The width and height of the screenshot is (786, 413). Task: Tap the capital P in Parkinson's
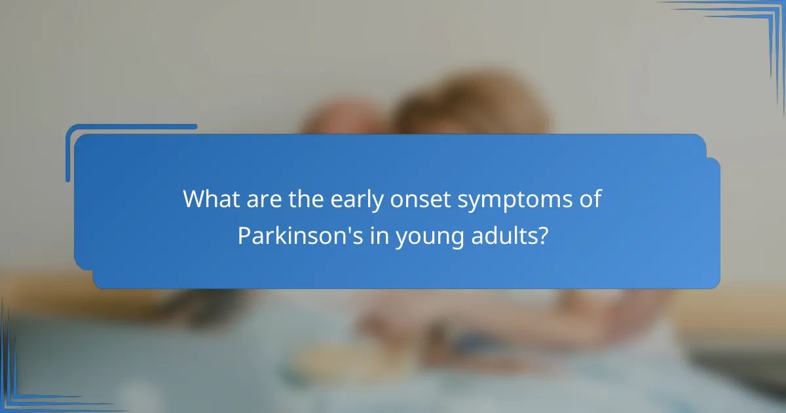[x=244, y=235]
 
